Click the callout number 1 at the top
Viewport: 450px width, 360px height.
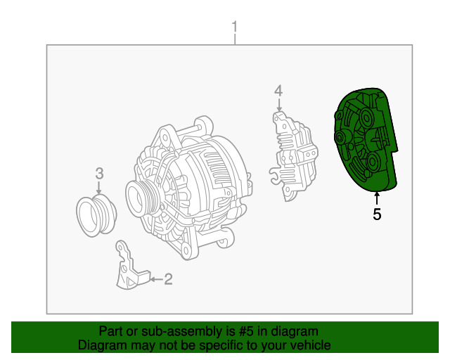coord(235,27)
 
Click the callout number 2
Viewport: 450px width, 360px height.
coord(168,279)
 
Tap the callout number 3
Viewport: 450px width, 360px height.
coord(99,174)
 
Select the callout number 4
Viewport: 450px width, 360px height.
coord(278,91)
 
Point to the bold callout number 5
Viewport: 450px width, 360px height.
coord(377,214)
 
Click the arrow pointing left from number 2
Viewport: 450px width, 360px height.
coord(157,279)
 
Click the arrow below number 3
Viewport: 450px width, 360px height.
coord(99,188)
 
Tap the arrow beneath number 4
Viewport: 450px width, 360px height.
coord(278,105)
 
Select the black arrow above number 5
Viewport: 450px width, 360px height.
coord(377,198)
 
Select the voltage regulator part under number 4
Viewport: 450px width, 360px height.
coord(294,157)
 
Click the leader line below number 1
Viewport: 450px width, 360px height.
coord(235,39)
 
